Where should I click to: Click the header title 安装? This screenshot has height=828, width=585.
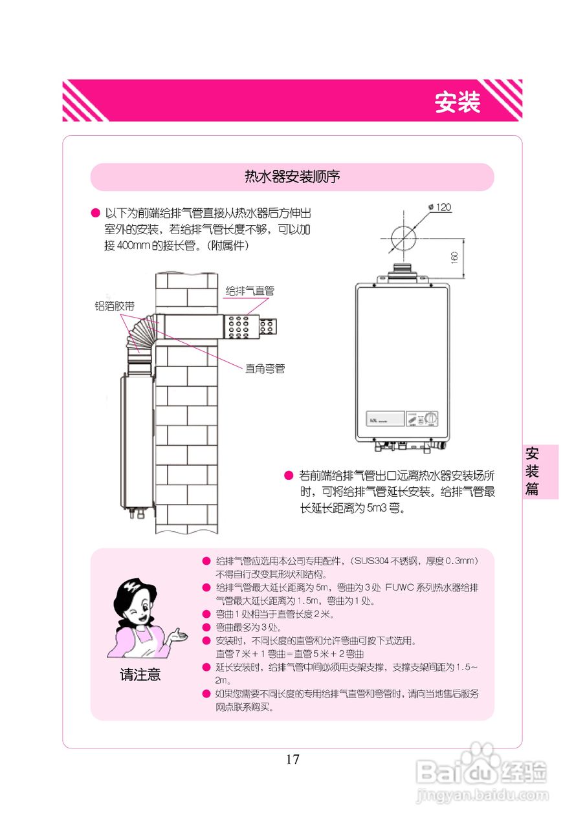[x=457, y=102]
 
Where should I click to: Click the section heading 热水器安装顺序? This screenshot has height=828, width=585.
[x=292, y=177]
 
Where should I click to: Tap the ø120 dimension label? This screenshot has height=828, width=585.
[x=440, y=208]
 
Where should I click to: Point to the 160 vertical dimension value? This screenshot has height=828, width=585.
[x=454, y=257]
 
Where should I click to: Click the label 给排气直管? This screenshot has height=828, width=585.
[x=250, y=291]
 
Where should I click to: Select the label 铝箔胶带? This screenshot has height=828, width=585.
[x=115, y=305]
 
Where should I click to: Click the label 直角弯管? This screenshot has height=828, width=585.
[x=265, y=369]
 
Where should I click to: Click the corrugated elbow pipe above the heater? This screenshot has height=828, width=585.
[x=140, y=335]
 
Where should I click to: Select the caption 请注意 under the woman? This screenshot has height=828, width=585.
[x=140, y=675]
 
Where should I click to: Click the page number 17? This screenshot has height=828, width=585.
[x=292, y=759]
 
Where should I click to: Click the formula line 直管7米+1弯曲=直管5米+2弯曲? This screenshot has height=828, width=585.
[x=289, y=653]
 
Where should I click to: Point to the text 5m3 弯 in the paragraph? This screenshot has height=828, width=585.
[x=385, y=508]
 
